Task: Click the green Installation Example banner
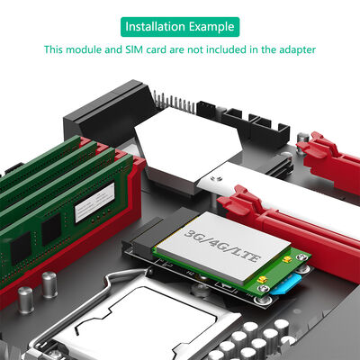pos(180,25)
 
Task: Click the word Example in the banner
pos(211,25)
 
